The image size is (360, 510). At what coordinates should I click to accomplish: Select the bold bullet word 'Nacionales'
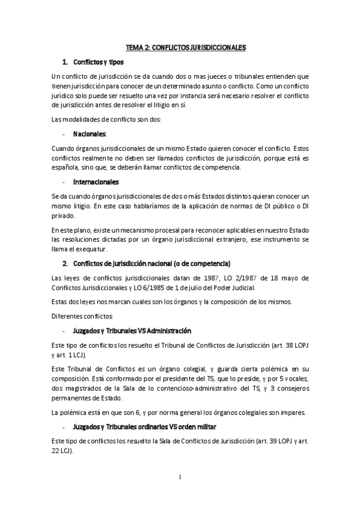coord(89,134)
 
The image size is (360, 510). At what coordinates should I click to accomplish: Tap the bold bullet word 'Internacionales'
coord(95,182)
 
